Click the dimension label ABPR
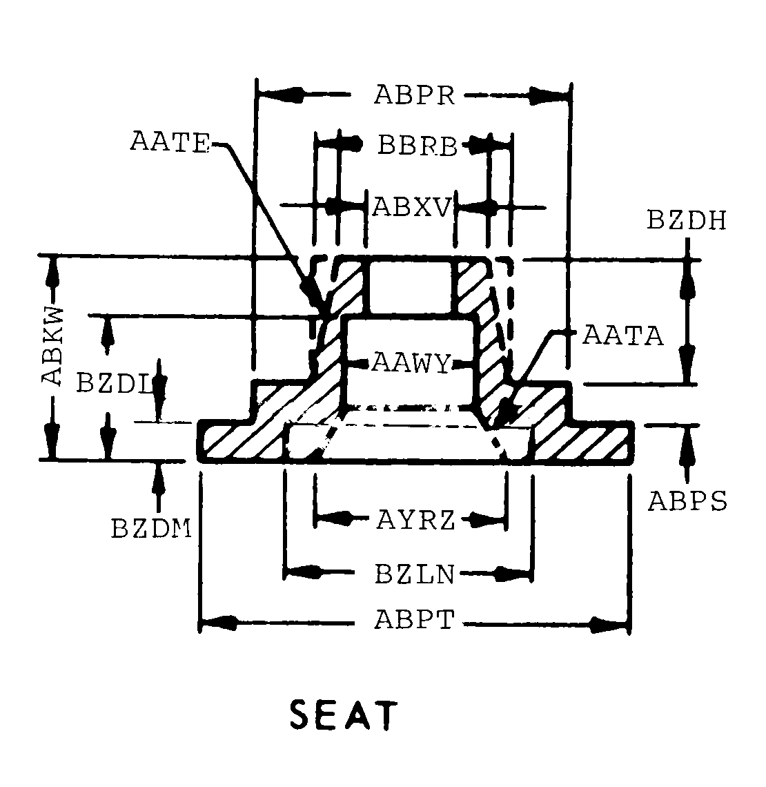click(x=415, y=95)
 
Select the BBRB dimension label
click(x=418, y=146)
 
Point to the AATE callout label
click(x=169, y=142)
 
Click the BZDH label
click(x=687, y=220)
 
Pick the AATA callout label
click(x=623, y=336)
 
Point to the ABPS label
click(x=687, y=501)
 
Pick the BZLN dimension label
click(x=415, y=574)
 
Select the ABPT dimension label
click(x=415, y=619)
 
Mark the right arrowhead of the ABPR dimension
click(x=552, y=96)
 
